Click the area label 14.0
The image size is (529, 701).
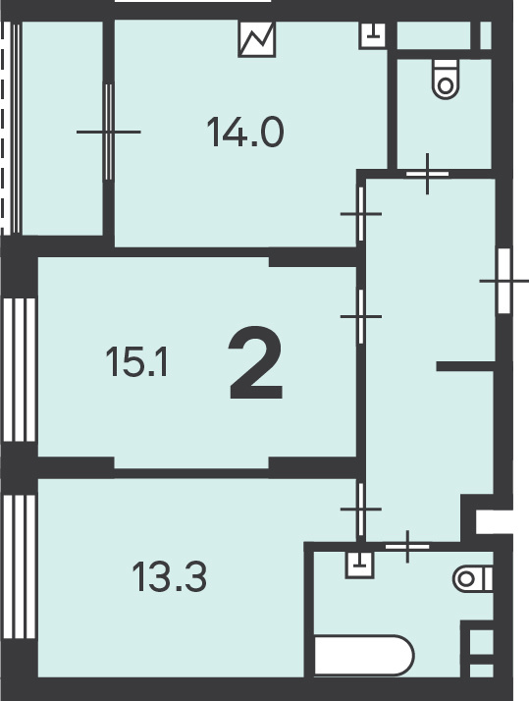coord(245,132)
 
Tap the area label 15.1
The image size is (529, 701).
coord(136,362)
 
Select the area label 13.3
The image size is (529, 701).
coord(170,576)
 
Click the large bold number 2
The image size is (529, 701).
coord(255,362)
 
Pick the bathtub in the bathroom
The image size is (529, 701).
coord(364,655)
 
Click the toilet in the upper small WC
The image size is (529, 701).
coord(446,79)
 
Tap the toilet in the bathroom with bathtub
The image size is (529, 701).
coord(473,579)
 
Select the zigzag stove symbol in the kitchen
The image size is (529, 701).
coord(257,39)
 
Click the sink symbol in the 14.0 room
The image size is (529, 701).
coord(373,34)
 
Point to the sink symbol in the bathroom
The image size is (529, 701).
coord(359,566)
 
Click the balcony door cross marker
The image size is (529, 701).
coord(109,132)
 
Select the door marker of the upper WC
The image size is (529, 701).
coord(428,174)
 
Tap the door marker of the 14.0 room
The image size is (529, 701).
coord(361,214)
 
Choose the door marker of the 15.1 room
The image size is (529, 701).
coord(361,316)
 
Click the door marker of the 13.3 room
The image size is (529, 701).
coord(361,509)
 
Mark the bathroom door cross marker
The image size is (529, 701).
coord(407,546)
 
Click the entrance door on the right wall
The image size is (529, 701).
coord(504,281)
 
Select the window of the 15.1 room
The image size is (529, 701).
coord(20,370)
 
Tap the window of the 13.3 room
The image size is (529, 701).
coord(20,566)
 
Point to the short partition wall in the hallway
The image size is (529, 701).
coord(465,366)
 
